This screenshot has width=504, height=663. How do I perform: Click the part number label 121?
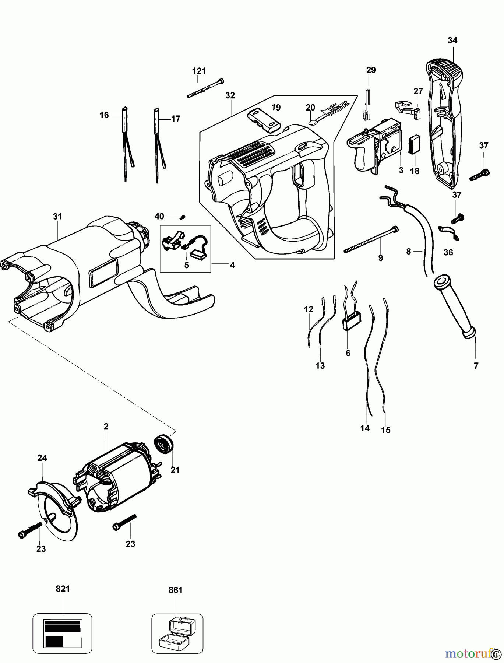click(199, 71)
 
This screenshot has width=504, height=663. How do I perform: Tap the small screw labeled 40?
click(182, 217)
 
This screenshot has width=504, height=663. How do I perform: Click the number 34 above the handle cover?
click(452, 41)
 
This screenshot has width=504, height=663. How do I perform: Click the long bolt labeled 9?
click(370, 239)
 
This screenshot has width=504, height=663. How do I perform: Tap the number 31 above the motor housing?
click(57, 216)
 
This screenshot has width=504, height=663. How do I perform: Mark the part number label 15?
click(386, 430)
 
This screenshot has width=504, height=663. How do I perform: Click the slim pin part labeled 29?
click(367, 105)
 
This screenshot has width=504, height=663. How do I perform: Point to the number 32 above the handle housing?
click(230, 95)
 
